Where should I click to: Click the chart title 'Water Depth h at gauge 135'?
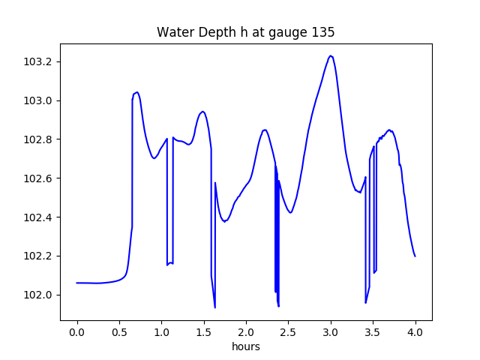(245, 32)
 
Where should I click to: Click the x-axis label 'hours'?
(246, 346)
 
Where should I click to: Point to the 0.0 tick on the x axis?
(76, 332)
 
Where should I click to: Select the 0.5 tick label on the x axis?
(119, 332)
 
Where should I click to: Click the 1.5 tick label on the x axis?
(204, 332)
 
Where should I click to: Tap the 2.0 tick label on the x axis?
(246, 332)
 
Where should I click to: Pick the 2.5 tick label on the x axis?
(289, 332)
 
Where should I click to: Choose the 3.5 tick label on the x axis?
(373, 332)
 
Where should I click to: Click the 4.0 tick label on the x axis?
(415, 332)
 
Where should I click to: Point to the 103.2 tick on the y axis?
(38, 61)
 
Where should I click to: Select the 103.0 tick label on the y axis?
(38, 100)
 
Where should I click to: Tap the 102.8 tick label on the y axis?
(38, 139)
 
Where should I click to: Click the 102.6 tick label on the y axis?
(38, 178)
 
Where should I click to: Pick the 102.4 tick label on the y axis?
(38, 217)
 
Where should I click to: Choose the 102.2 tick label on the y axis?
(38, 256)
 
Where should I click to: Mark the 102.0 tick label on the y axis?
(38, 295)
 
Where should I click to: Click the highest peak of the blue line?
(331, 55)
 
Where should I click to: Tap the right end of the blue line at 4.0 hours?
(415, 256)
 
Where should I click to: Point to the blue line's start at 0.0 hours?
(77, 283)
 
